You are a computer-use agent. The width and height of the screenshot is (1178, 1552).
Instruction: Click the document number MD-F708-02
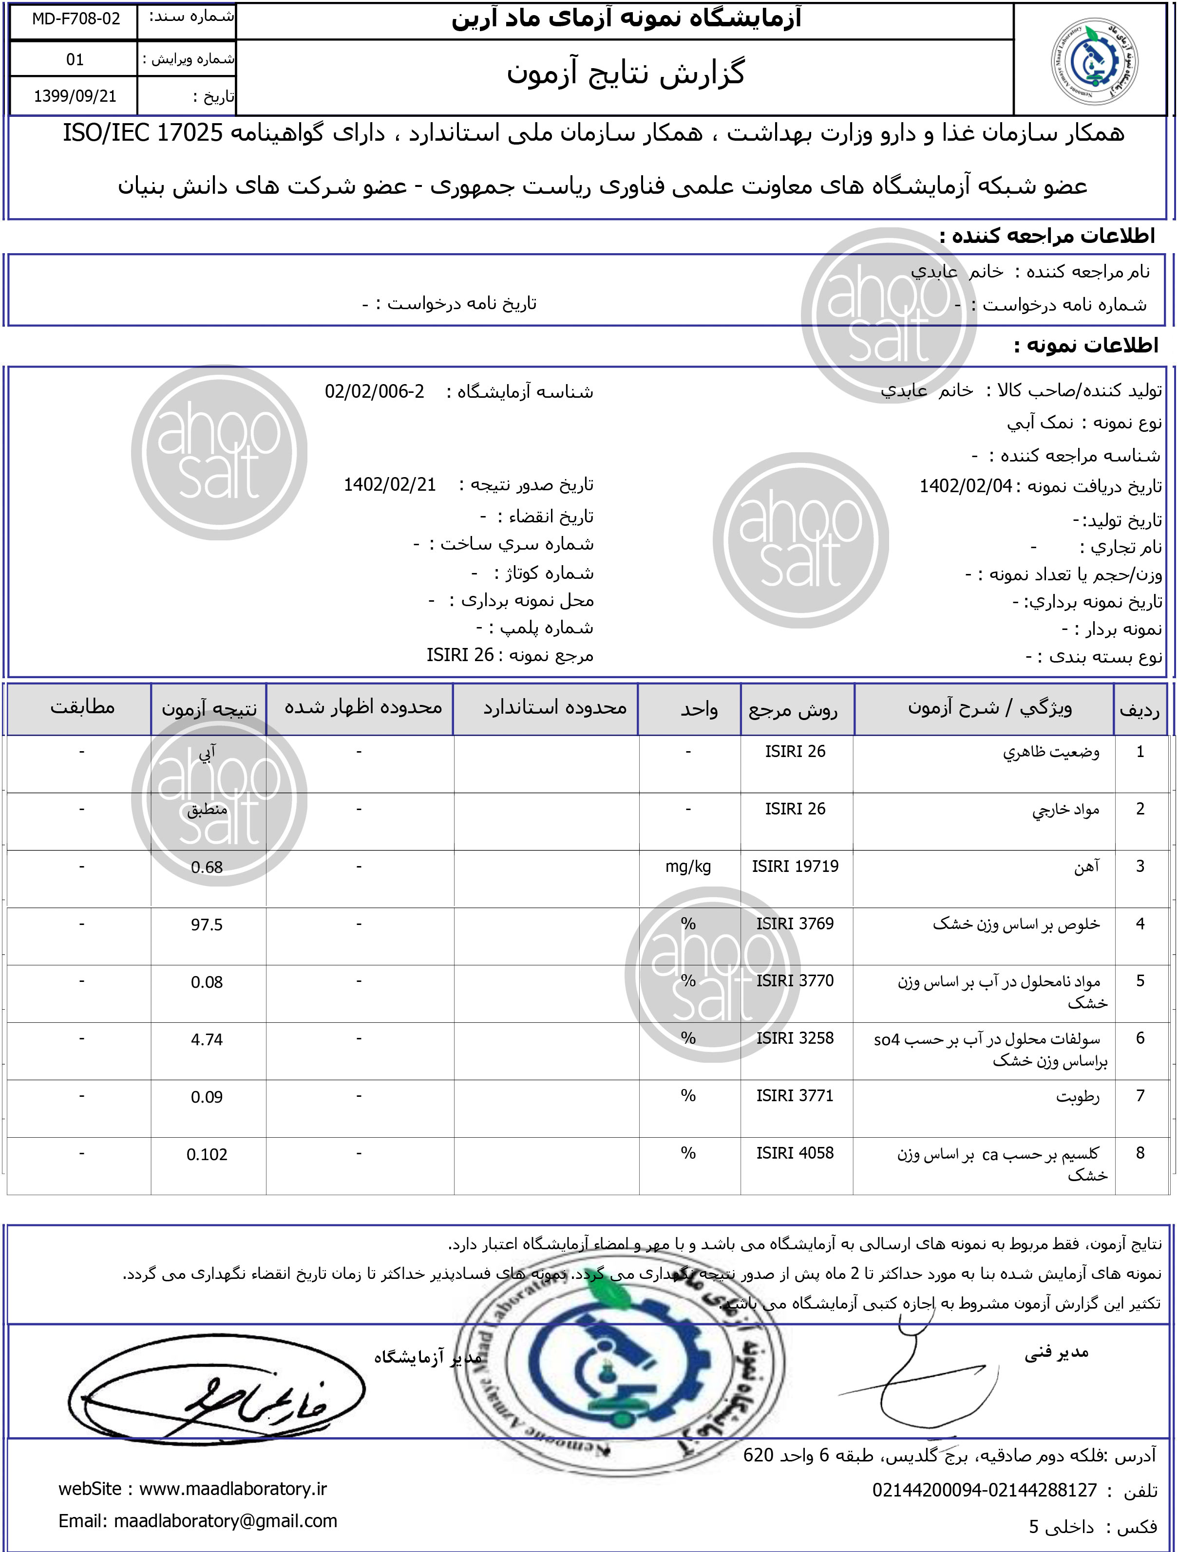(x=75, y=19)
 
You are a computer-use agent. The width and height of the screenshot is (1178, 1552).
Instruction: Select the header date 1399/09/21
(x=75, y=96)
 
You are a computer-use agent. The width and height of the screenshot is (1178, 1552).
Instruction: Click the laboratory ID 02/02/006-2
(x=374, y=391)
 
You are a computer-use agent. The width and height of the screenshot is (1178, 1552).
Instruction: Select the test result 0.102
(x=207, y=1155)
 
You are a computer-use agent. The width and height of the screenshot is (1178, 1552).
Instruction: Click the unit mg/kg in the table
(x=688, y=867)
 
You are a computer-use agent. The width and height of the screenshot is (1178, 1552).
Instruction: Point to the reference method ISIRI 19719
(x=795, y=867)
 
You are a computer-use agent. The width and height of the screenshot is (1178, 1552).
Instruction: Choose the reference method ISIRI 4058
(x=795, y=1153)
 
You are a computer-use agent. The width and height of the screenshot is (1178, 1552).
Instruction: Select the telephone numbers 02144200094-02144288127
(x=984, y=1490)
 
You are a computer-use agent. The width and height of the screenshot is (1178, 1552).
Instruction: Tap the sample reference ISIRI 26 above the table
(x=460, y=655)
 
